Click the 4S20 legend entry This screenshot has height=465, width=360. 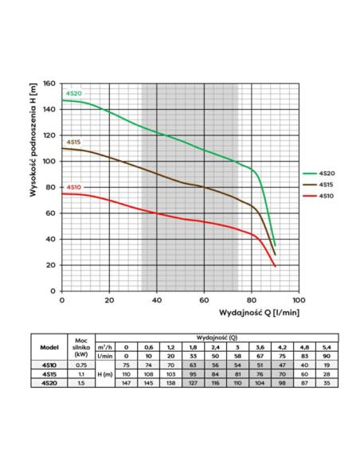pyautogui.click(x=319, y=174)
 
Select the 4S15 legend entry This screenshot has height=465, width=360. pyautogui.click(x=318, y=185)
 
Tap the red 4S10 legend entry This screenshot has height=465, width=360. pyautogui.click(x=319, y=196)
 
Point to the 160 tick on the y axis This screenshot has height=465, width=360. pyautogui.click(x=49, y=84)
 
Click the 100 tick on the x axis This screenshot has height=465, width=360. pyautogui.click(x=299, y=300)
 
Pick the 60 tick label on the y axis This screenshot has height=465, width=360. pyautogui.click(x=51, y=213)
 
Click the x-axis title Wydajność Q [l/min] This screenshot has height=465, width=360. pyautogui.click(x=259, y=313)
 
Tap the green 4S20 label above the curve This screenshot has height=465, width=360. pyautogui.click(x=73, y=93)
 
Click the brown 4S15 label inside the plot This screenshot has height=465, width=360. pyautogui.click(x=73, y=142)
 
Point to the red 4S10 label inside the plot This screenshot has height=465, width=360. pyautogui.click(x=73, y=187)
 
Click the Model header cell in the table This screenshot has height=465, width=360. pyautogui.click(x=49, y=347)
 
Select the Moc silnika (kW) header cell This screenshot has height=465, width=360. pyautogui.click(x=81, y=347)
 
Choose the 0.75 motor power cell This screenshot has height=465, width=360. pyautogui.click(x=81, y=365)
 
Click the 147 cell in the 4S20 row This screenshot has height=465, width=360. pyautogui.click(x=127, y=383)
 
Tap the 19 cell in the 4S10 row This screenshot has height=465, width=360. pyautogui.click(x=327, y=365)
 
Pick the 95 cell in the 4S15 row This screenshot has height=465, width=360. pyautogui.click(x=193, y=374)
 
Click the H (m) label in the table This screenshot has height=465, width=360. pyautogui.click(x=105, y=374)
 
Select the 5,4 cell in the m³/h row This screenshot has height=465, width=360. pyautogui.click(x=327, y=347)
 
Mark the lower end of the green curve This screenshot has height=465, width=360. pyautogui.click(x=276, y=245)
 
